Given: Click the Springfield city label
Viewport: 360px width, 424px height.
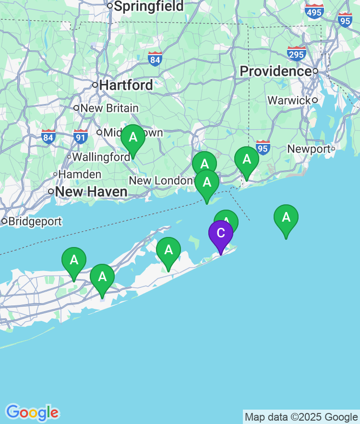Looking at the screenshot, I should [148, 6].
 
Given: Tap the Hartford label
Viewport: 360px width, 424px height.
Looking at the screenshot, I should [126, 85].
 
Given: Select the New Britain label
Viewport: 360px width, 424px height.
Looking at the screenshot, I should [109, 108].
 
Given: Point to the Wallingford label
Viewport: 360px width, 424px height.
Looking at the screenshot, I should [101, 157].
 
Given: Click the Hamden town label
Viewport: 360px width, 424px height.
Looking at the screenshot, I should [80, 175].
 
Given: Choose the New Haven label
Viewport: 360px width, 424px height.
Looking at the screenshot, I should [91, 192].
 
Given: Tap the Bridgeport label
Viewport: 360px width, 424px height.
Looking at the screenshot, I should [35, 222].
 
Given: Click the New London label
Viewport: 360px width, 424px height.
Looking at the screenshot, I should [160, 181].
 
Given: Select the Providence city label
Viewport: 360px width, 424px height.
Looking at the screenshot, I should [276, 71].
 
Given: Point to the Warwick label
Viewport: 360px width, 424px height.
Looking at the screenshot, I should [289, 101].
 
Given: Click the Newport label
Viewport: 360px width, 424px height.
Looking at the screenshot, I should [309, 149].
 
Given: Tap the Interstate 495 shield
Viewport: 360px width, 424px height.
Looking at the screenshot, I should [314, 11].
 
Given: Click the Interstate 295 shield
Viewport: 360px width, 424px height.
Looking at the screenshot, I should [296, 53].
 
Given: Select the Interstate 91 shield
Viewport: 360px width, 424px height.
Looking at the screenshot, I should [81, 137].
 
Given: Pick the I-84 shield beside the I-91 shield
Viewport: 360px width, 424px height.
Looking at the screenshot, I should [48, 137].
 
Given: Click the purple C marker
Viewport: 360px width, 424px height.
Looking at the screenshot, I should [221, 234].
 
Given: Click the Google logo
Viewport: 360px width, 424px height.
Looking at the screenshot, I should [32, 412].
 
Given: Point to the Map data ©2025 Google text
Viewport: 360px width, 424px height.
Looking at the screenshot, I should [301, 417].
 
